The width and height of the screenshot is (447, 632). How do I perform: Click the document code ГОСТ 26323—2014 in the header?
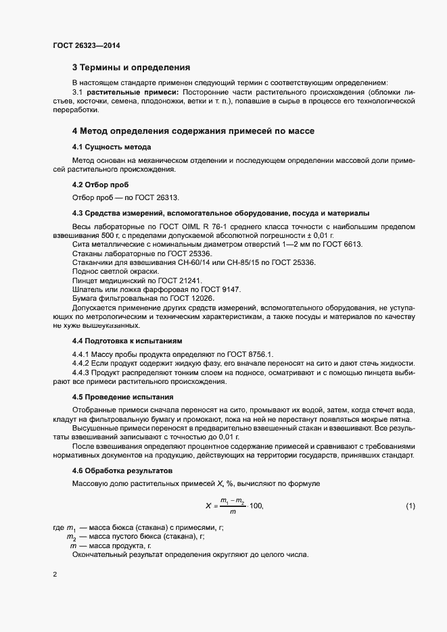[x=87, y=45]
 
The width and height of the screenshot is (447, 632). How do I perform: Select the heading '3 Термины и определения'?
[x=131, y=68]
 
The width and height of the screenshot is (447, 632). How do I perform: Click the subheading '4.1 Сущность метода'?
[x=112, y=147]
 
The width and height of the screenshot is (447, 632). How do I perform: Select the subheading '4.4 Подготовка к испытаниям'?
[x=127, y=341]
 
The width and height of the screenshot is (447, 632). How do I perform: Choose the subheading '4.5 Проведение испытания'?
[x=122, y=397]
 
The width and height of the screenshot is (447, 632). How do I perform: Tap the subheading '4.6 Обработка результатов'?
[x=123, y=470]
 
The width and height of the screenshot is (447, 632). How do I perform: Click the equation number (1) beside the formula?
[x=410, y=506]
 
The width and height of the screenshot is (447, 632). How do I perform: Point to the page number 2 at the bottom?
[x=55, y=575]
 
